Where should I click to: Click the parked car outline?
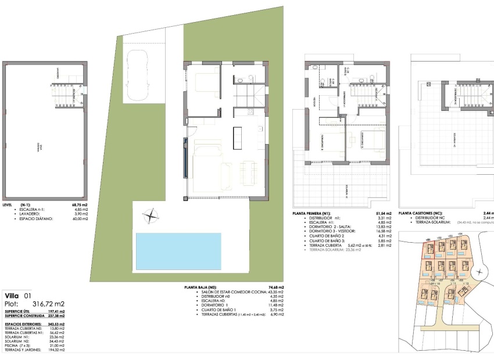pyautogui.click(x=138, y=74)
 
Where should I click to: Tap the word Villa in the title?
pyautogui.click(x=11, y=296)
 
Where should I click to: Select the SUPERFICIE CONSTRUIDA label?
pyautogui.click(x=22, y=317)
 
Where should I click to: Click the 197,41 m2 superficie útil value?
pyautogui.click(x=56, y=312)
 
